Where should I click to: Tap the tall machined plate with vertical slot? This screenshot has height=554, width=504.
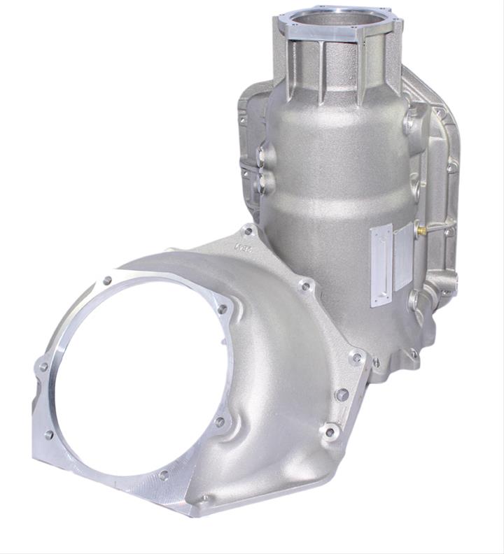(x=381, y=265)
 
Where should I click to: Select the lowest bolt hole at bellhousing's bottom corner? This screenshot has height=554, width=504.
(x=204, y=499)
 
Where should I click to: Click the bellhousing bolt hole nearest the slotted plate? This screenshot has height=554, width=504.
(x=306, y=285)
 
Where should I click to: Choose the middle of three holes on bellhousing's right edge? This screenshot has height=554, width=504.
(x=342, y=395)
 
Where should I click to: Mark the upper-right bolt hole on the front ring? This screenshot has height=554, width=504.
(x=222, y=308)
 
